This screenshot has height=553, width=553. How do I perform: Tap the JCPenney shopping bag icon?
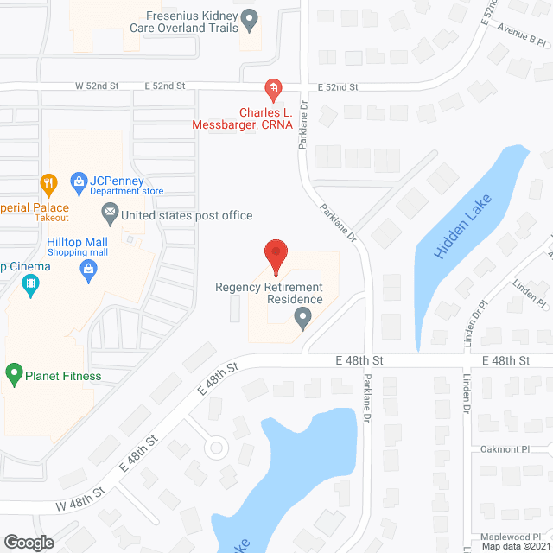coord(79,181)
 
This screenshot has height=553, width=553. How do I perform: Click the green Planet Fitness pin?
coord(14,375)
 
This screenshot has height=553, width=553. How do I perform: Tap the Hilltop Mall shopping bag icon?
coord(87,270)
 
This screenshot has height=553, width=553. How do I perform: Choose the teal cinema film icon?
coord(32,283)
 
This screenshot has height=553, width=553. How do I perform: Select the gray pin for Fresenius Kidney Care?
coord(250,18)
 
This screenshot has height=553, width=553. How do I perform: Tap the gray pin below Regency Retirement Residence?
coord(302,321)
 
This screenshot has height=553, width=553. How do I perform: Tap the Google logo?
coord(28,542)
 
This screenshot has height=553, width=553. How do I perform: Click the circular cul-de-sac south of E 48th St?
coord(215,448)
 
